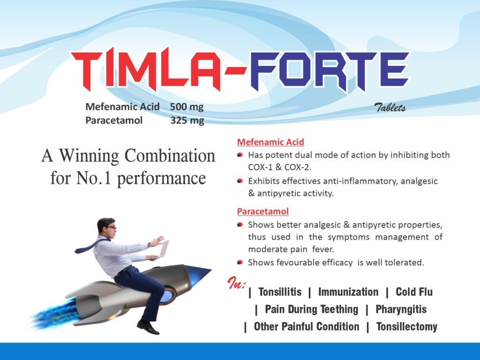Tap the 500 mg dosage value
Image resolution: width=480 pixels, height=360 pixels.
pyautogui.click(x=187, y=106)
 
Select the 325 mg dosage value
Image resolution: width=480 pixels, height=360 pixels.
pyautogui.click(x=187, y=120)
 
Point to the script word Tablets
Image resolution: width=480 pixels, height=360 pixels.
pyautogui.click(x=390, y=107)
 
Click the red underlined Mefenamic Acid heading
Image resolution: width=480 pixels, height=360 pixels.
pyautogui.click(x=270, y=142)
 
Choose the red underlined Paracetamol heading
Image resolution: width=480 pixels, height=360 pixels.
pyautogui.click(x=263, y=211)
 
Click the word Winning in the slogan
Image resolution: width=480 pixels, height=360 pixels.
pyautogui.click(x=89, y=156)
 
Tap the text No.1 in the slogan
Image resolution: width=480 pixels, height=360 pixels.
pyautogui.click(x=94, y=178)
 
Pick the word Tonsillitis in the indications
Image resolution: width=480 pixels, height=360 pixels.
pyautogui.click(x=280, y=292)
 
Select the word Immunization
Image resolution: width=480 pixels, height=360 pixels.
pyautogui.click(x=348, y=292)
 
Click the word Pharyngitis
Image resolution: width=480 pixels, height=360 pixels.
pyautogui.click(x=401, y=309)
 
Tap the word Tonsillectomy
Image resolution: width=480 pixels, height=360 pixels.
pyautogui.click(x=407, y=327)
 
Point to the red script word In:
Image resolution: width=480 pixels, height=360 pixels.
pyautogui.click(x=236, y=283)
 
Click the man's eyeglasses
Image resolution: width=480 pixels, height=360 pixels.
pyautogui.click(x=111, y=227)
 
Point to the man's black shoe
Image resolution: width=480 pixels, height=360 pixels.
pyautogui.click(x=148, y=327)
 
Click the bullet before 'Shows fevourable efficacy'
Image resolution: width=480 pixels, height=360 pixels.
pyautogui.click(x=240, y=262)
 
